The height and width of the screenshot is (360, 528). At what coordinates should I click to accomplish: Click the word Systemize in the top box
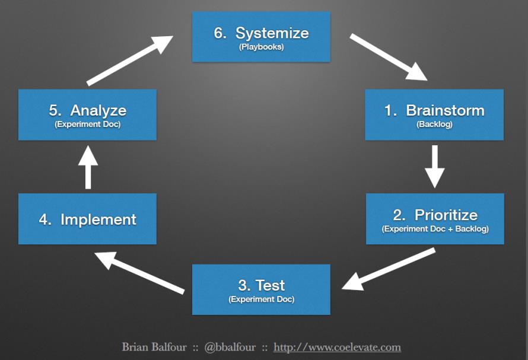point(272,33)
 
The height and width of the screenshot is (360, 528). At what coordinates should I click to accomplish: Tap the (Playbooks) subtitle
point(261,47)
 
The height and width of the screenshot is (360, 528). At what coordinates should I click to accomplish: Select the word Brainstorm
point(445,110)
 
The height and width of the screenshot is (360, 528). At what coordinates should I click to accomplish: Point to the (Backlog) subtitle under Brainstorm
point(434,125)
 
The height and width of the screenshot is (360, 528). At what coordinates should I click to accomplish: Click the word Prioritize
point(446,215)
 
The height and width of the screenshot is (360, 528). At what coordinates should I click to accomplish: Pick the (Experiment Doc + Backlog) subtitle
point(435,229)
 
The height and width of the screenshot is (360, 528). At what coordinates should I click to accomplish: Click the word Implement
point(98,219)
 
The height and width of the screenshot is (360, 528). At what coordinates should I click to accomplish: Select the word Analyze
point(98,110)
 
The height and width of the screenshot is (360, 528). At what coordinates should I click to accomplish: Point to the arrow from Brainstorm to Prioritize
point(435,167)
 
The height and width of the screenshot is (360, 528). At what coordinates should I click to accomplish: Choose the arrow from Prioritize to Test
point(388,269)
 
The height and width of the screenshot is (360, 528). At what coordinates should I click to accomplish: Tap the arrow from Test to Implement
point(139,273)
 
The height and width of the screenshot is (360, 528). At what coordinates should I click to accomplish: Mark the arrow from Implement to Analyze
point(88,167)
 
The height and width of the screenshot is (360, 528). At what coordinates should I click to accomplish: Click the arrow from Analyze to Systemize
point(130,61)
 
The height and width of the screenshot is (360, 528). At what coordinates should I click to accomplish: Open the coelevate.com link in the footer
point(337,347)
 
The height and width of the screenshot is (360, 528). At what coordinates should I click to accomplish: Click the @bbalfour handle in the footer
point(230,347)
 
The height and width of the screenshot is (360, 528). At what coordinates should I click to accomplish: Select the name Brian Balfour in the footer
point(154,347)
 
